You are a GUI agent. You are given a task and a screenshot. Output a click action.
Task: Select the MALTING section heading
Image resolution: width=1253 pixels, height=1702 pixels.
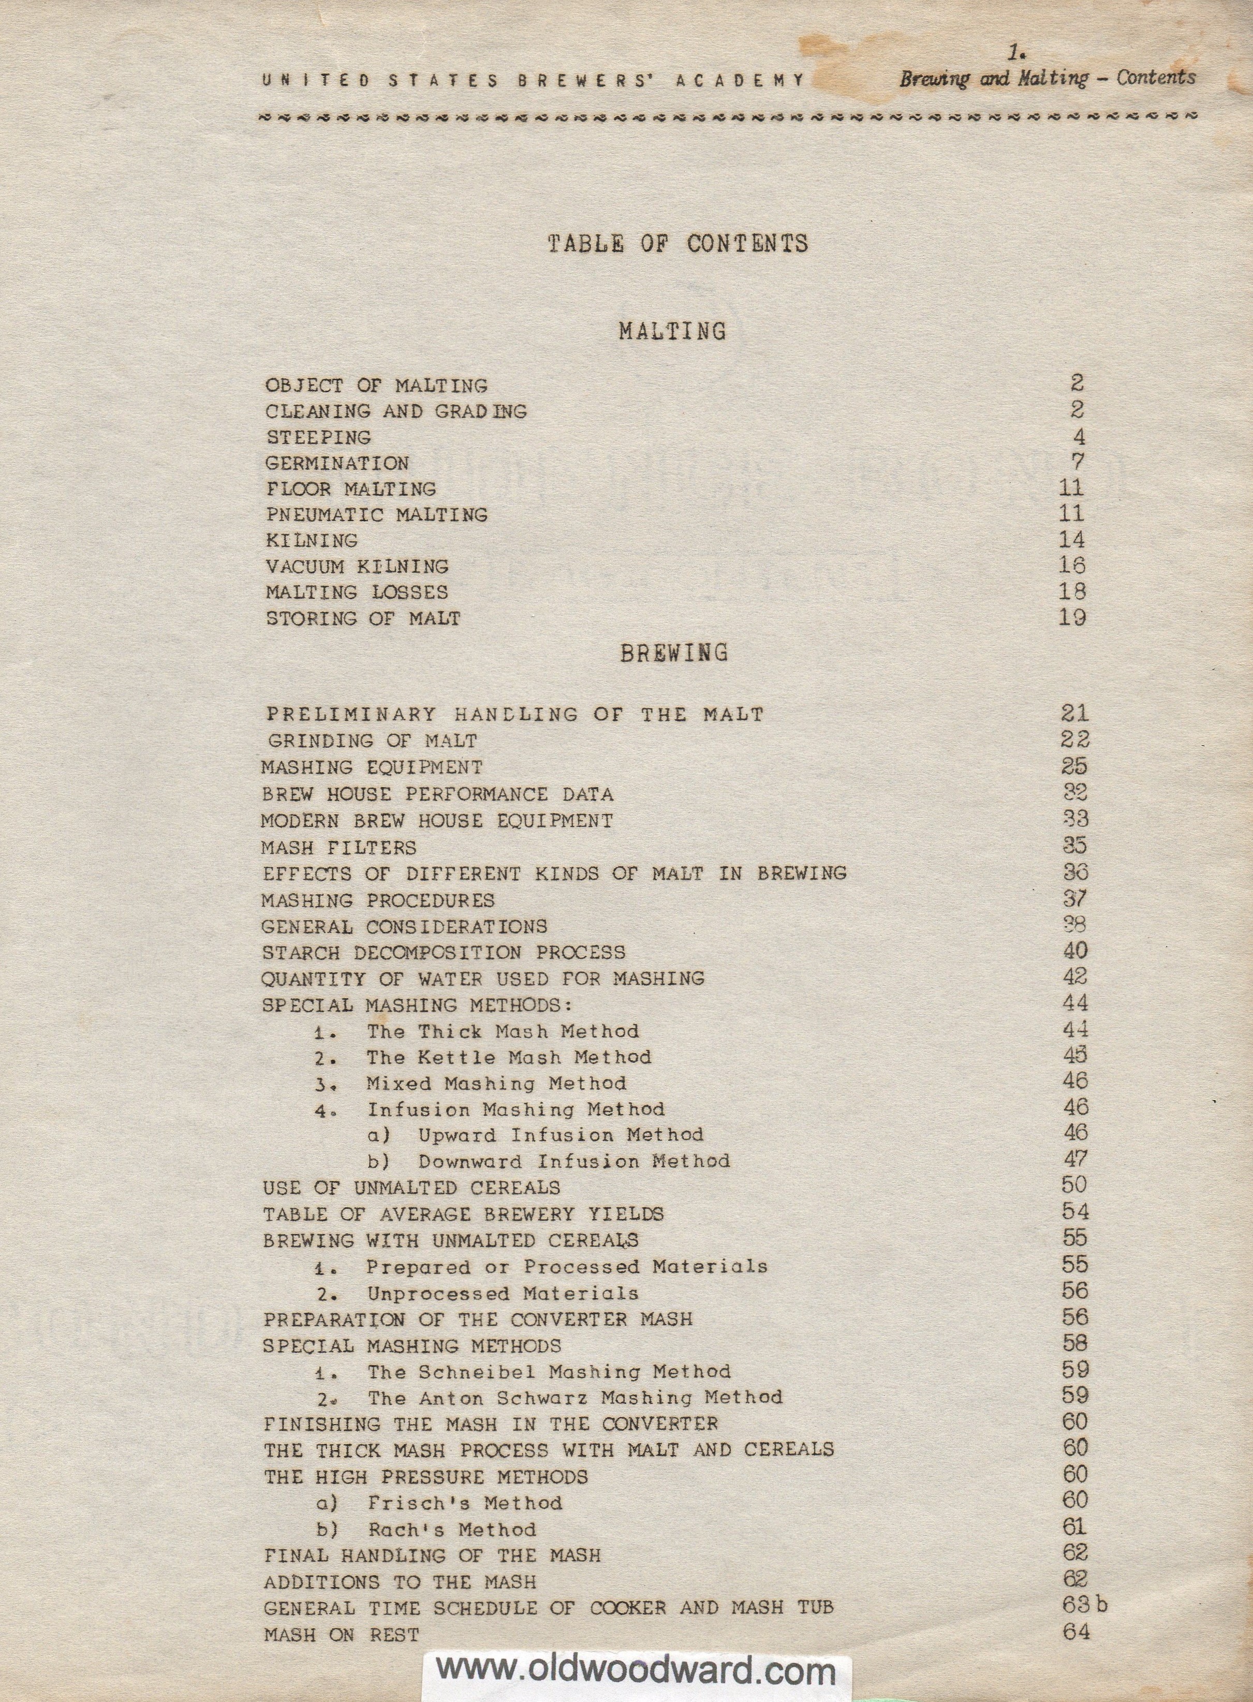point(672,332)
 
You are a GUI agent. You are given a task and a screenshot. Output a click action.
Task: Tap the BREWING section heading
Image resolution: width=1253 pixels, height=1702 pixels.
point(673,653)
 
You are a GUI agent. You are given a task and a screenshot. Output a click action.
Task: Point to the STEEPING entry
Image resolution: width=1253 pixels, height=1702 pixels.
point(318,438)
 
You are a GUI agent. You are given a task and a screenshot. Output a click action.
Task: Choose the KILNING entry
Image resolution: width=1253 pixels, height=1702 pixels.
point(311,541)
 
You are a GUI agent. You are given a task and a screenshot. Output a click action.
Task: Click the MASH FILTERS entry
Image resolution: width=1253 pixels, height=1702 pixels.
point(338,847)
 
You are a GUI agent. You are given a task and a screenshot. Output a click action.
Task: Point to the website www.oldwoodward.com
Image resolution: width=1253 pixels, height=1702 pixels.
point(636,1671)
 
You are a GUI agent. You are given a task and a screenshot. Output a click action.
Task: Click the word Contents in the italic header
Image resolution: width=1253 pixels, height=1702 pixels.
point(1155,78)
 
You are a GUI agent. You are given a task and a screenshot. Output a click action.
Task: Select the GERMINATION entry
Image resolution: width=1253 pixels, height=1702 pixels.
point(337,464)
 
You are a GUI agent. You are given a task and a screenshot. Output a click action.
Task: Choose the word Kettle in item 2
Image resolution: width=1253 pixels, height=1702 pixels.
point(453,1057)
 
